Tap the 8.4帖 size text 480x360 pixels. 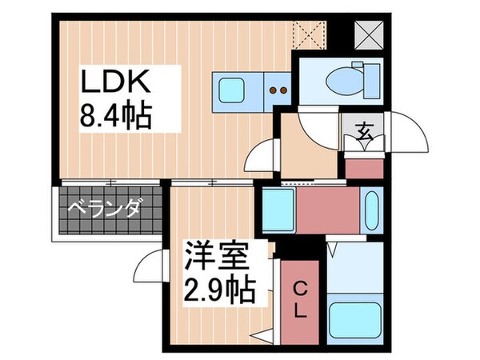pos(117,118)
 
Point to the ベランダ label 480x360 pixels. pos(104,210)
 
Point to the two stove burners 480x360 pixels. pos(278,90)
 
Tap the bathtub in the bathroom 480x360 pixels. pos(354,319)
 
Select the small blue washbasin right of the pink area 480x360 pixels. pos(370,210)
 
